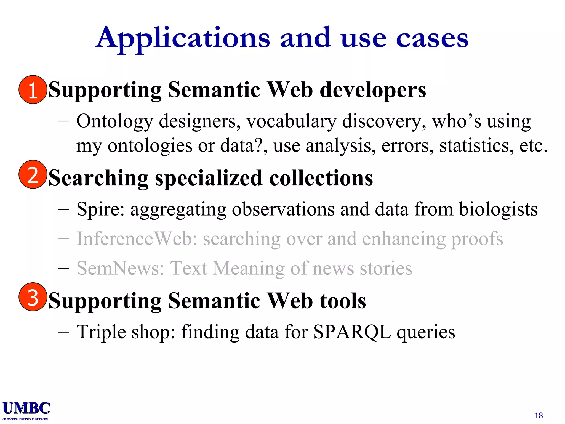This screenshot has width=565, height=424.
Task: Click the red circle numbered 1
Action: pos(33,89)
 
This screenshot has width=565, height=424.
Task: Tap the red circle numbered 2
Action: pos(33,174)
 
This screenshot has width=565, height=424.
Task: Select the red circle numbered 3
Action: pos(33,297)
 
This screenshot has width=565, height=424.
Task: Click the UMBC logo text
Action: pos(26,408)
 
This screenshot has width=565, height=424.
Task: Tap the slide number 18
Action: pos(539,415)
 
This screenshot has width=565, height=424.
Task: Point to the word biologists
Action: pos(498,209)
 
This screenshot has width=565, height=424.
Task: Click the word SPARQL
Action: pos(352,332)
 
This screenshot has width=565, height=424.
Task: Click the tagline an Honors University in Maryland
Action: pos(25,419)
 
